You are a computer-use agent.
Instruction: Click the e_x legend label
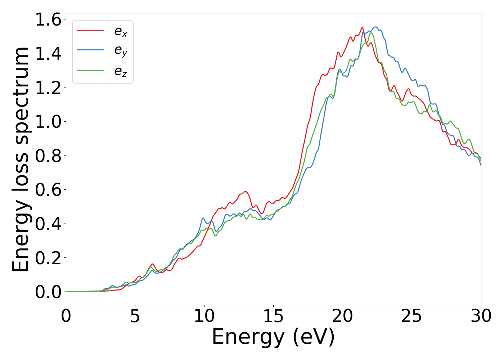tap(121, 32)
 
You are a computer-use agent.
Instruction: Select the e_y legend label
tap(121, 51)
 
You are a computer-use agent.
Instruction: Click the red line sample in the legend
tap(91, 31)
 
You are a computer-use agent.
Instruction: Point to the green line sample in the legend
tap(91, 70)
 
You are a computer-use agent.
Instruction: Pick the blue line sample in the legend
tap(91, 50)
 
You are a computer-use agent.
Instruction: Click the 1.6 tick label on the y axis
tap(48, 19)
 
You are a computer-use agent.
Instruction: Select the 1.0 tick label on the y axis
tap(48, 122)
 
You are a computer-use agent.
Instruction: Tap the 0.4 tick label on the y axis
tap(48, 224)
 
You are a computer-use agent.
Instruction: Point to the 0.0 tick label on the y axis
tap(48, 292)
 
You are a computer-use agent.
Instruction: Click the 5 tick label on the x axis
tap(135, 316)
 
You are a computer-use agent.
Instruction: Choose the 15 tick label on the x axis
tap(273, 316)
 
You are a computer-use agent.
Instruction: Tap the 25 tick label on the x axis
tap(411, 316)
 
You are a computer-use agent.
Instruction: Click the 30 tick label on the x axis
tap(481, 316)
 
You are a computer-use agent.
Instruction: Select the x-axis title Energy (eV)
tap(273, 337)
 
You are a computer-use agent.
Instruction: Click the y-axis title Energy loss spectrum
tap(21, 159)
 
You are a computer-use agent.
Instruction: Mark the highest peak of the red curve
tap(362, 27)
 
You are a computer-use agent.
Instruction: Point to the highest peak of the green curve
tap(371, 33)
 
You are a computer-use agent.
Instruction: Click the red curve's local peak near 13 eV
tap(245, 192)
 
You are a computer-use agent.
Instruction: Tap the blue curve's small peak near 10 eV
tap(203, 218)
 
